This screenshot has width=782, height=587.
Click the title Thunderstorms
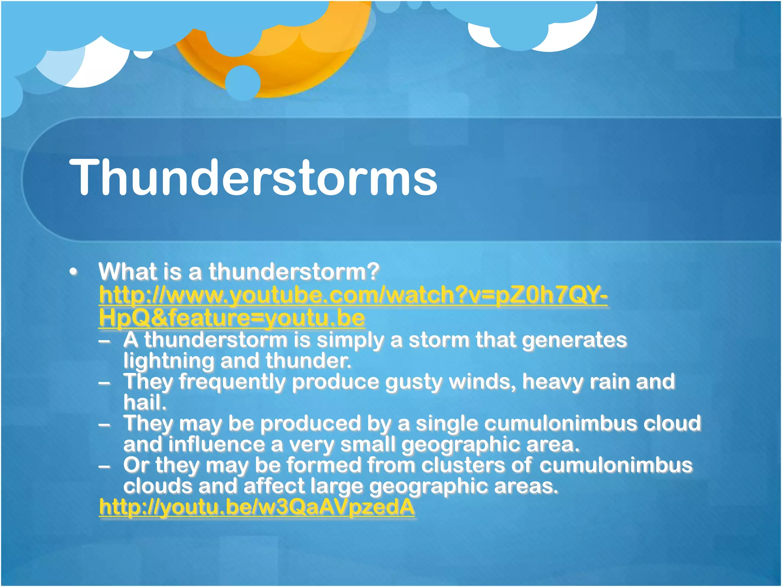(x=253, y=178)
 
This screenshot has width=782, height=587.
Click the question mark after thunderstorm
(x=373, y=271)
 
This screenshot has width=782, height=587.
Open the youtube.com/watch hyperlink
(x=353, y=295)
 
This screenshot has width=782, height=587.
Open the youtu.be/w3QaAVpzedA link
(x=257, y=507)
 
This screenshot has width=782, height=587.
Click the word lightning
(x=168, y=361)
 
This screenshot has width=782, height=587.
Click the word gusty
(x=414, y=382)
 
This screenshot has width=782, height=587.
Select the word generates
(x=574, y=340)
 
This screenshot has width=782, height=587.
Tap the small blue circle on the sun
(x=242, y=83)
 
